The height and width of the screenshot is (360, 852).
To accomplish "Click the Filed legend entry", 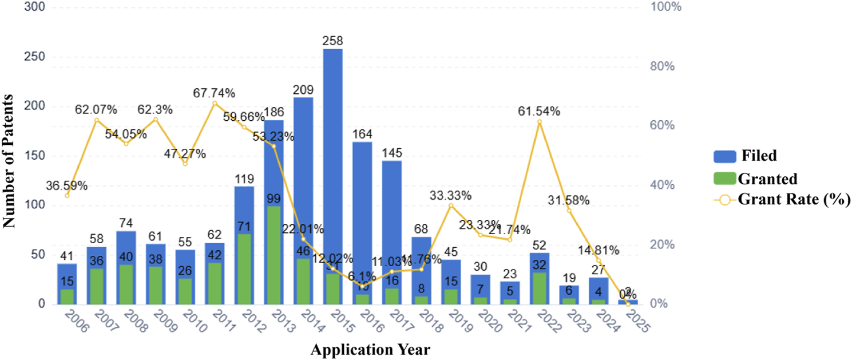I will (x=744, y=155).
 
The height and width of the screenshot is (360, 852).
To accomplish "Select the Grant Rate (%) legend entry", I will (x=782, y=199).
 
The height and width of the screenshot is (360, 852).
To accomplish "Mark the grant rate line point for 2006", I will (x=67, y=196).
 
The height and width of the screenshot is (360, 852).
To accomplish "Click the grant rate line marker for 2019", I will (x=451, y=205).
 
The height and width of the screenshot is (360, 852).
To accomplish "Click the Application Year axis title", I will (x=371, y=349).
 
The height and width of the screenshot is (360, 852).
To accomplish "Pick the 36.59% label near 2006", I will (x=68, y=185).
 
